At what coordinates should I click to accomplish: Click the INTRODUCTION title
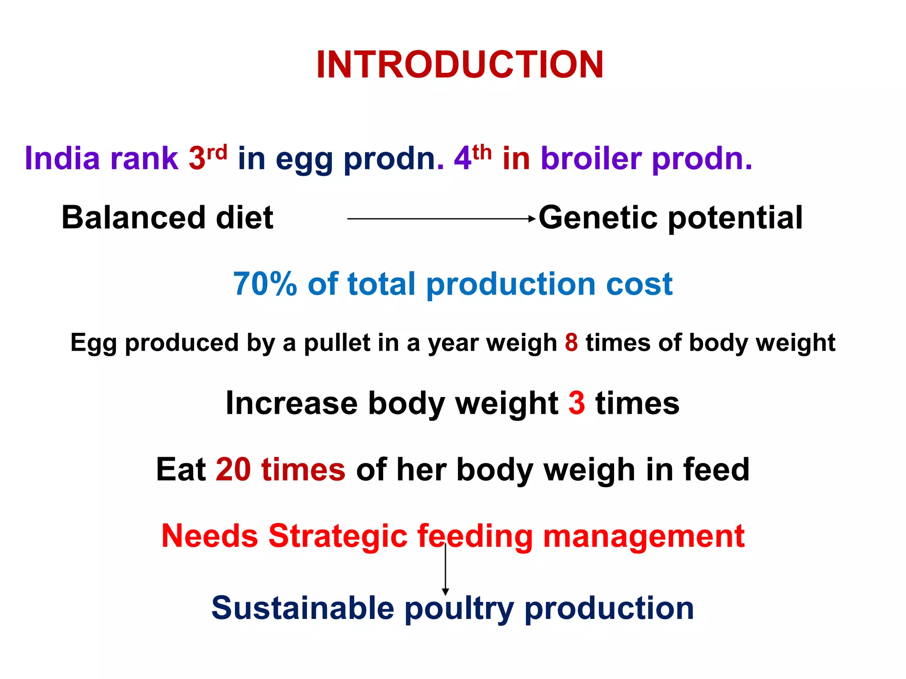click(x=460, y=65)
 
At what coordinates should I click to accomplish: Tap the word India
click(x=62, y=158)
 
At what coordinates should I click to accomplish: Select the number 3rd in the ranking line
click(x=207, y=157)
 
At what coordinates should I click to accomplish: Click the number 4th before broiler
click(x=472, y=157)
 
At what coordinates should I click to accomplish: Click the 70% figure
click(x=265, y=284)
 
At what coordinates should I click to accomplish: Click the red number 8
click(x=571, y=343)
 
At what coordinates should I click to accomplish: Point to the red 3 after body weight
click(x=576, y=403)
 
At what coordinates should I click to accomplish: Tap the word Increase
click(x=292, y=403)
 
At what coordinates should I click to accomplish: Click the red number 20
click(x=234, y=469)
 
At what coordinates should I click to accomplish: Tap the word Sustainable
click(x=303, y=608)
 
